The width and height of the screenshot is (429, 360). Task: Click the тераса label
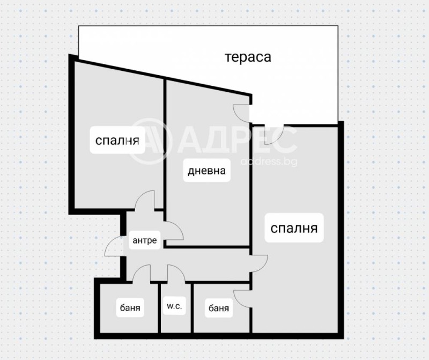pos(248,57)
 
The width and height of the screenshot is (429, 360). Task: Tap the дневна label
pos(206,172)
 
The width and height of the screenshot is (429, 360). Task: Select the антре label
pos(145,240)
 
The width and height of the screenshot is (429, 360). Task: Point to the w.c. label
pos(173,307)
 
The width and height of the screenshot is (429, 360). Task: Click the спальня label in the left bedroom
pos(117,141)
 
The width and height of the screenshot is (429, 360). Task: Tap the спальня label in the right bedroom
pos(294,229)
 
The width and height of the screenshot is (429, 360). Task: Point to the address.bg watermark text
pos(269,161)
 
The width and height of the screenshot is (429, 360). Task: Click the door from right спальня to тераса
pos(276,135)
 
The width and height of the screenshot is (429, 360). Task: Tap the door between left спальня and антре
pos(145,201)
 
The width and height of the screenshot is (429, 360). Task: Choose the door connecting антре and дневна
pos(174,231)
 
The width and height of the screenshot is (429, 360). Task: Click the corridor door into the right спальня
pos(258,261)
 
